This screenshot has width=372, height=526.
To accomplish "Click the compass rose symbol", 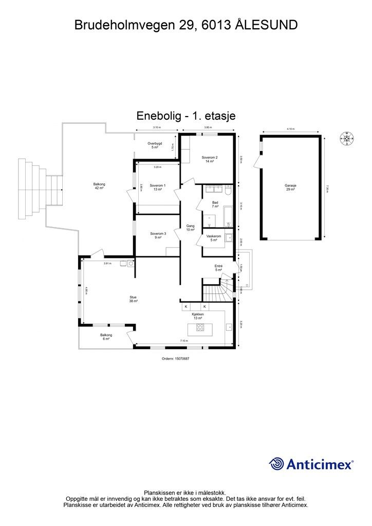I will coord(347,138).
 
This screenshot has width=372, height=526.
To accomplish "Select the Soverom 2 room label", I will coord(210,159).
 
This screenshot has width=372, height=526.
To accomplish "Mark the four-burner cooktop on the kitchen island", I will coord(201,327).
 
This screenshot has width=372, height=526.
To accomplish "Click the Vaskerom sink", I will coord(229,237).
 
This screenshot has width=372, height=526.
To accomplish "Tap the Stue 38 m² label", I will coord(133,299).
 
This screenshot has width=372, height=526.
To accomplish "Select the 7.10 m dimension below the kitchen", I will coord(183,341).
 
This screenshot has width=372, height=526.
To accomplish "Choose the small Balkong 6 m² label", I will coord(106,337).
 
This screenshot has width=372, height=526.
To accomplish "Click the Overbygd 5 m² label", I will coord(155,145).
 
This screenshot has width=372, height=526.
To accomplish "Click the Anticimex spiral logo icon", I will coord(277,464).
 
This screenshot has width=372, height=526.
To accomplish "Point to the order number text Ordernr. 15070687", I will coord(176,359).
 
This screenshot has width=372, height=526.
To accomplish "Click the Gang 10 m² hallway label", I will coord(190,228).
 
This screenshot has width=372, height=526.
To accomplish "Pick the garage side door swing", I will coord(257,163).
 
